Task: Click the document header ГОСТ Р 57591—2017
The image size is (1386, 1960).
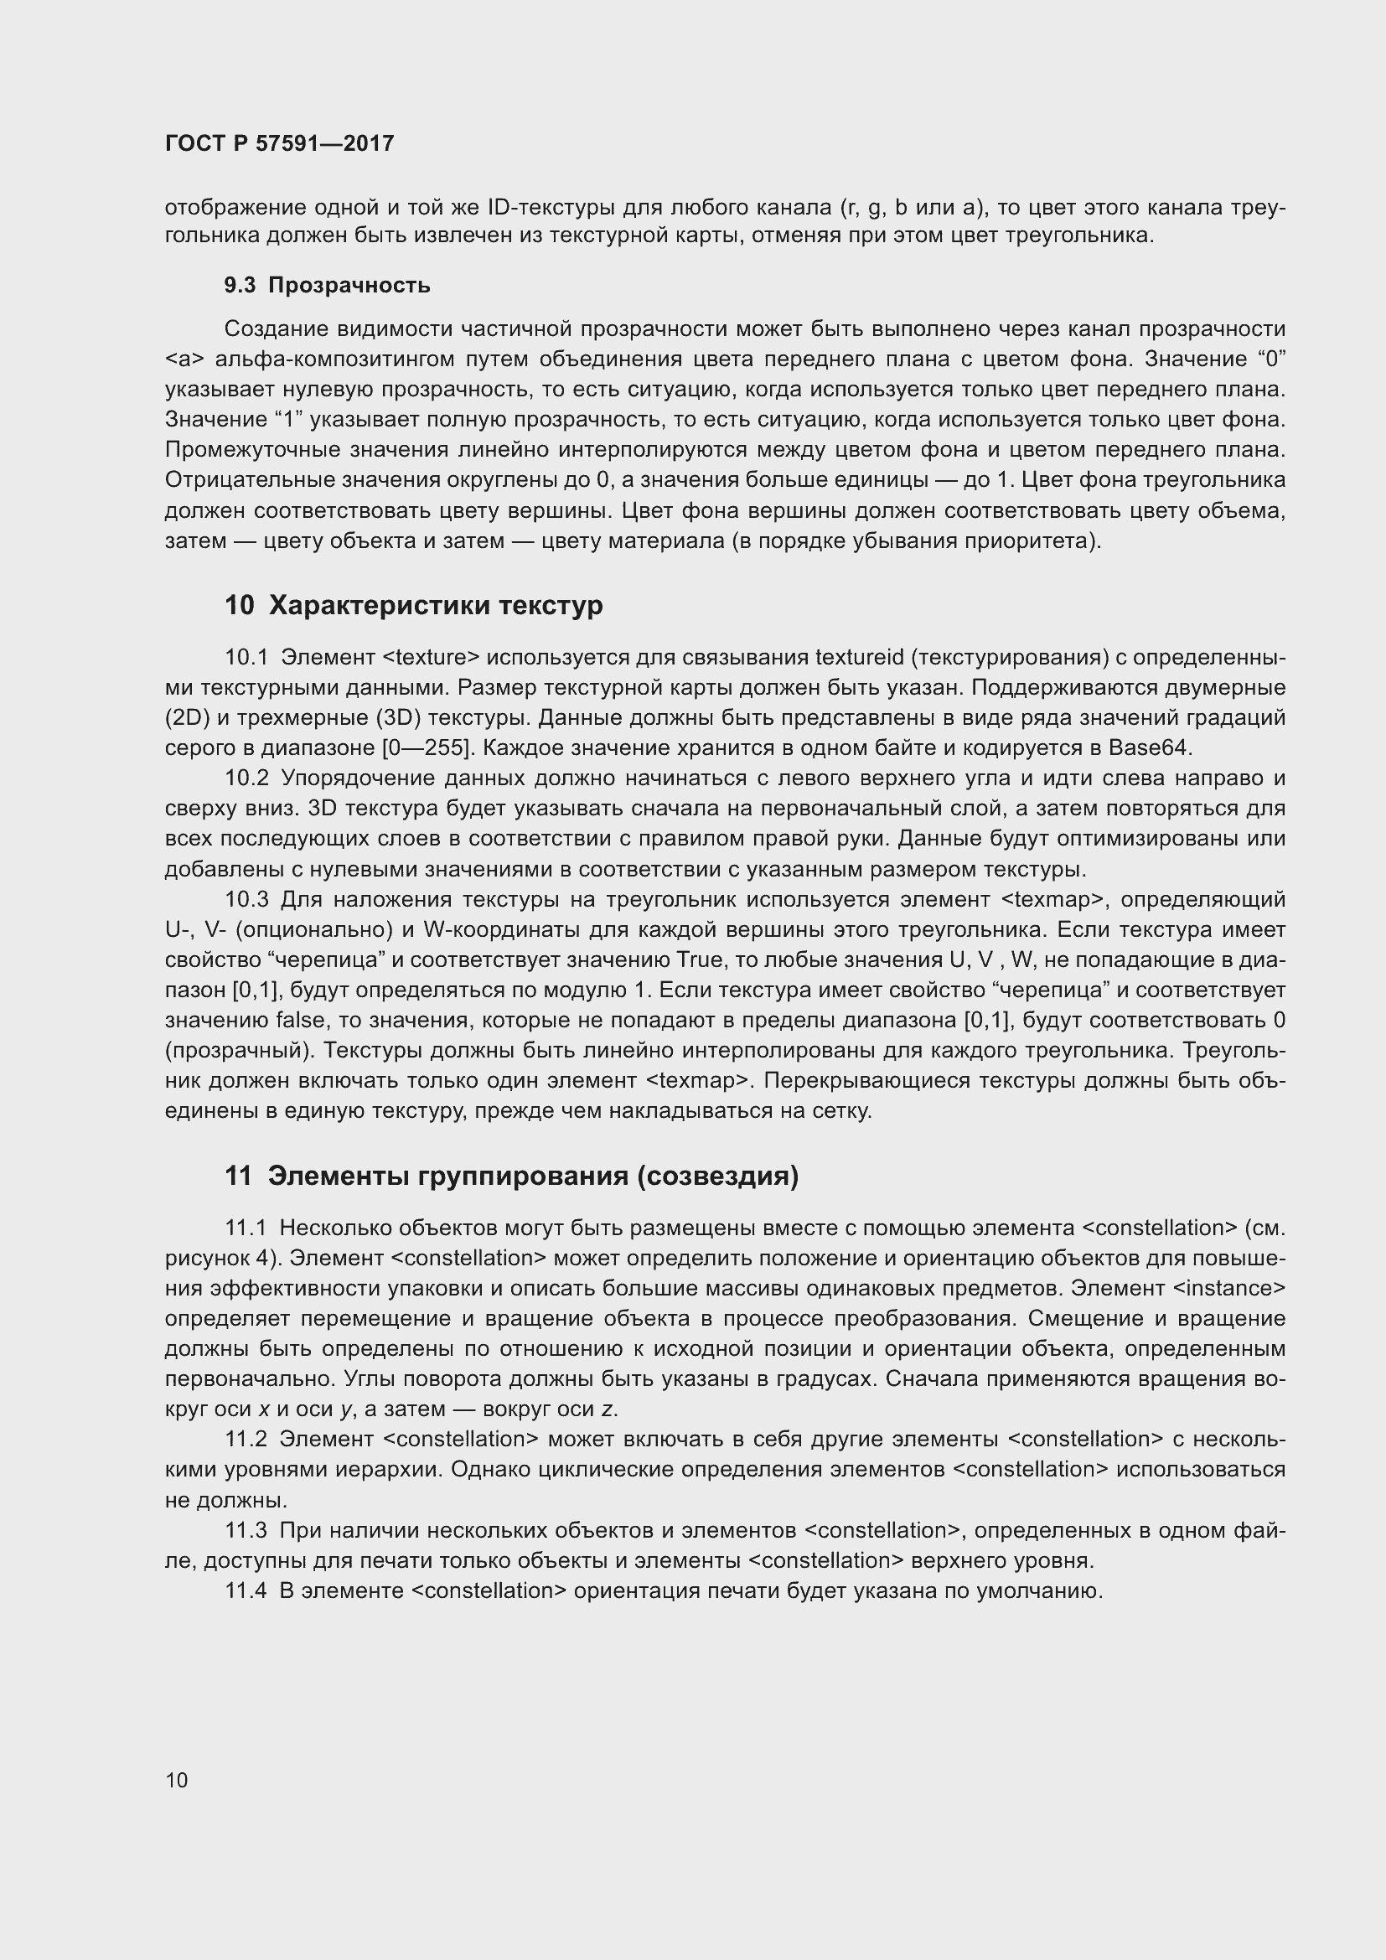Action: click(279, 143)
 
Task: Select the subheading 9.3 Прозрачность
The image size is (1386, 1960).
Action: click(327, 286)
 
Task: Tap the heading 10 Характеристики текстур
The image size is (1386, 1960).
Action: click(413, 605)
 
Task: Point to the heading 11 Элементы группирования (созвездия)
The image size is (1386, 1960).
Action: click(511, 1177)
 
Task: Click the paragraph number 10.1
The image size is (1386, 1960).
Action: click(246, 657)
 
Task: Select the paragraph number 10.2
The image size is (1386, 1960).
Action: click(246, 778)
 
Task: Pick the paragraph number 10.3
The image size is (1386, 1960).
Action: click(246, 900)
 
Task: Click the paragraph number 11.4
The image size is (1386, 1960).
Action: click(246, 1591)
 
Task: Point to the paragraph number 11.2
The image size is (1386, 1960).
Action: click(246, 1440)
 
